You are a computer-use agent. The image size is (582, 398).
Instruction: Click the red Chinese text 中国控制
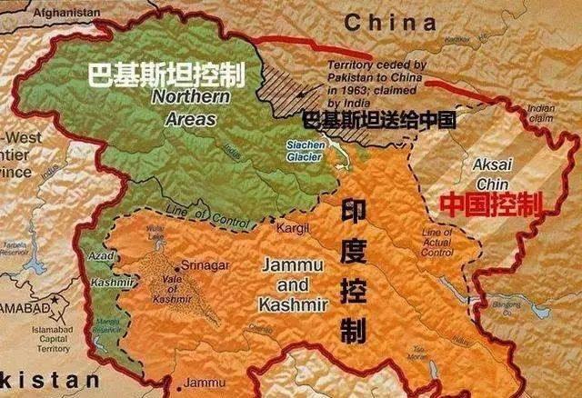click(x=491, y=204)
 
